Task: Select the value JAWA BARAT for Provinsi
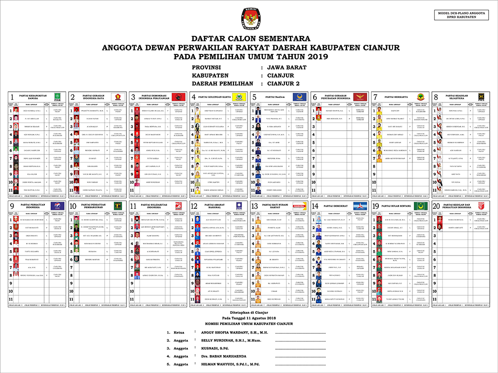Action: click(x=287, y=67)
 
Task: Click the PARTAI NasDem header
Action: click(x=275, y=97)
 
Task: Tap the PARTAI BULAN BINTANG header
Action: click(x=398, y=206)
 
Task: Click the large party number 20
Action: click(x=436, y=206)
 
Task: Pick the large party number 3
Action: click(x=133, y=97)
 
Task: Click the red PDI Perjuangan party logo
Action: click(x=178, y=97)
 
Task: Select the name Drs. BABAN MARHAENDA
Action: click(x=223, y=356)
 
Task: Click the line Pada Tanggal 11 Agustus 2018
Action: click(x=250, y=318)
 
